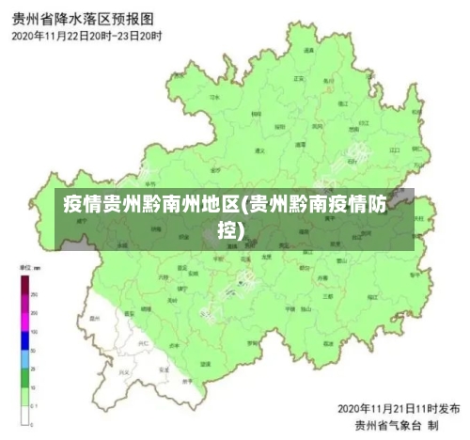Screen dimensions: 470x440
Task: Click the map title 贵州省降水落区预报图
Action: (x=85, y=19)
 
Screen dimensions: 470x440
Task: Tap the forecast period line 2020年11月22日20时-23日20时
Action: (x=86, y=36)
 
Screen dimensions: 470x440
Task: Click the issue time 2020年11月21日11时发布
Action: (x=399, y=410)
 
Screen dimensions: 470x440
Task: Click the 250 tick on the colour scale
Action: (x=36, y=295)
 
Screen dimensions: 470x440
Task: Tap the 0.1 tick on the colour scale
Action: (x=36, y=405)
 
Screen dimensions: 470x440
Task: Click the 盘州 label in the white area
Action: (x=94, y=319)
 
